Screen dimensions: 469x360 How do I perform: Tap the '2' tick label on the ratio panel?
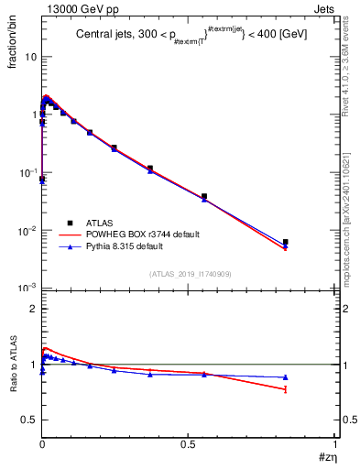point(33,309)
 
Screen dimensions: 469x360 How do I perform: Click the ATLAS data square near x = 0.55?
point(204,196)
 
